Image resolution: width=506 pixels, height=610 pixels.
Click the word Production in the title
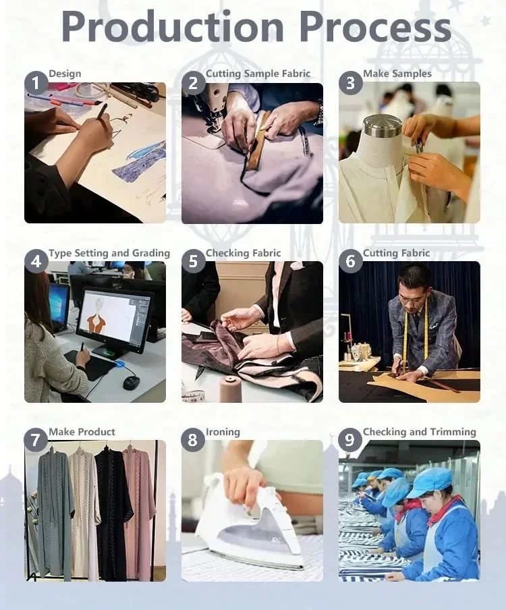[172, 26]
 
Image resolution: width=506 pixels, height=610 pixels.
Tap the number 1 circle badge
[36, 83]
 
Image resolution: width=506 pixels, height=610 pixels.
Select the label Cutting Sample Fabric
[258, 74]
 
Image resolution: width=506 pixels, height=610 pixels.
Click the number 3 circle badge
[350, 83]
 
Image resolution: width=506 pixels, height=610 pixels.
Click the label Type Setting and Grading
[109, 253]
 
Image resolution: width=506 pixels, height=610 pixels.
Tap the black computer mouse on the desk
[131, 383]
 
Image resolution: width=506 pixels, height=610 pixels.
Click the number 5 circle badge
[193, 261]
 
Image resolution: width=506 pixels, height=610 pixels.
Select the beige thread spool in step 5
[230, 389]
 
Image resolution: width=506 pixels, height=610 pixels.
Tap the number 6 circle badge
[350, 261]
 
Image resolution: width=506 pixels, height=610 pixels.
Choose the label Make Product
[82, 432]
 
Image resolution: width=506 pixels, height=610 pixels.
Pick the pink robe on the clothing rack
[141, 509]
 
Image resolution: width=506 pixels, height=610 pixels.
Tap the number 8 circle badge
[193, 440]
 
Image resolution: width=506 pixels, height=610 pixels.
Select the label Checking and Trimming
[419, 432]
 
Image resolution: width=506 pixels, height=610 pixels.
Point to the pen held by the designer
[101, 111]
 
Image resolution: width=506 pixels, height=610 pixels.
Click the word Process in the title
[375, 26]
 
